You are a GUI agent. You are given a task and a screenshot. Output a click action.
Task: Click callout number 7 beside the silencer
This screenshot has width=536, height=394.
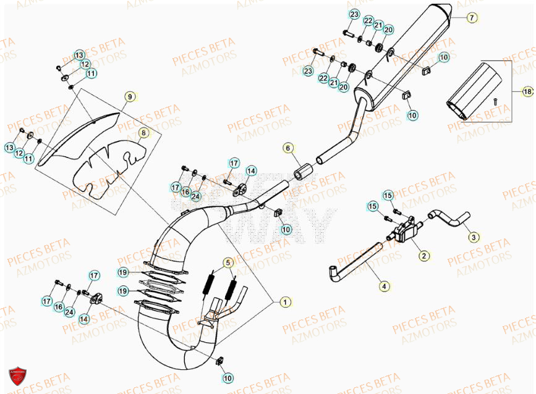[471, 18]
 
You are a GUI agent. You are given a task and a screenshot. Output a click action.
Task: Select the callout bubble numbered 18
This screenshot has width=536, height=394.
[527, 92]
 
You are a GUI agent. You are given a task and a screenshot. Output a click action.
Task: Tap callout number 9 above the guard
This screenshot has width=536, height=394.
[129, 96]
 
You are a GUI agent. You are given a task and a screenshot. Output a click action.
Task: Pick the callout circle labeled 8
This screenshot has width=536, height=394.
[143, 132]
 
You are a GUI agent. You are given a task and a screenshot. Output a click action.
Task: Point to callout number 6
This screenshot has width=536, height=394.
[287, 148]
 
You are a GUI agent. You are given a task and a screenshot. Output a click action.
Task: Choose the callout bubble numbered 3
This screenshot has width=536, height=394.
[473, 237]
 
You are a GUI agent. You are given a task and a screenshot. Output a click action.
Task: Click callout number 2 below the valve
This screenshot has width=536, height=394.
[423, 255]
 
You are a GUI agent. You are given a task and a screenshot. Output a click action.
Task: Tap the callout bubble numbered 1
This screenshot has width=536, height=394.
[284, 302]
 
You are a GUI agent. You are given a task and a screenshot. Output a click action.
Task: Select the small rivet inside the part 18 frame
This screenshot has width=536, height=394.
[495, 100]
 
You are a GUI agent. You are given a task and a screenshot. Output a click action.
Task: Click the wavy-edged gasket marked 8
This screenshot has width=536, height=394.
[108, 167]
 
